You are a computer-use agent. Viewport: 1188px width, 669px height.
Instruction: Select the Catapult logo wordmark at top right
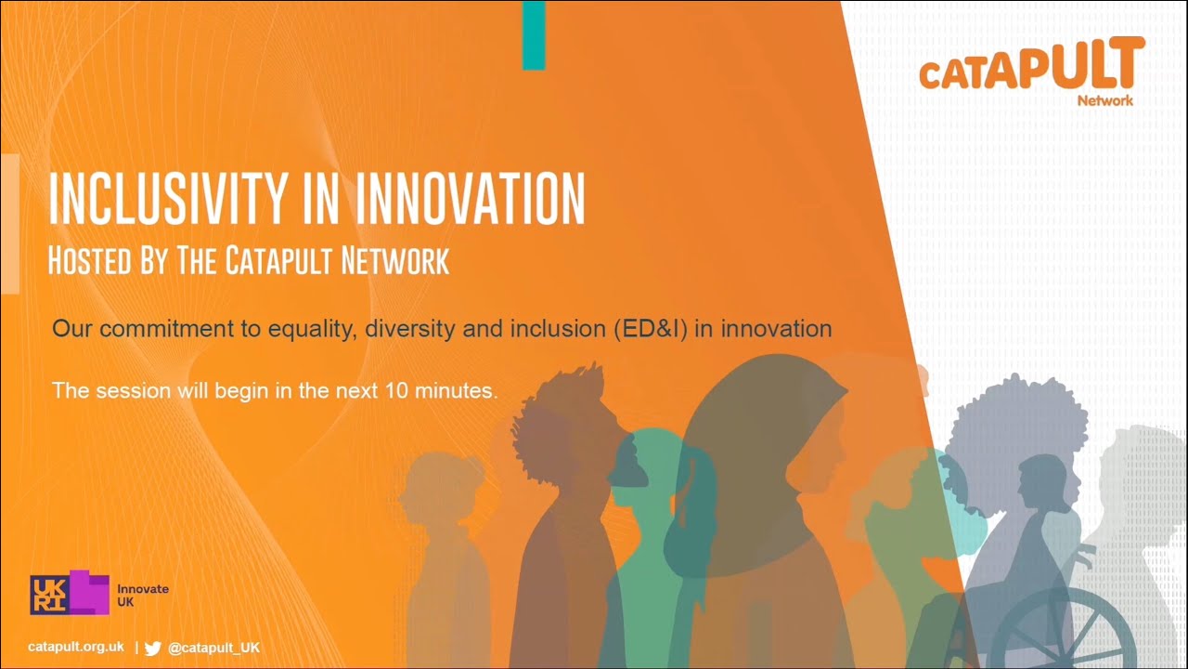click(x=1030, y=67)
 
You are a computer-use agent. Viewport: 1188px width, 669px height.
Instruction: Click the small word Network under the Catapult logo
click(x=1104, y=100)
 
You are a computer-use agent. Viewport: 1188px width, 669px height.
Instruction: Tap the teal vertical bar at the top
click(x=533, y=34)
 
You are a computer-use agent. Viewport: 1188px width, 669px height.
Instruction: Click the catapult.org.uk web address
click(x=76, y=647)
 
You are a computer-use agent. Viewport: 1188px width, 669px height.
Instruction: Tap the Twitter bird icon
click(x=153, y=648)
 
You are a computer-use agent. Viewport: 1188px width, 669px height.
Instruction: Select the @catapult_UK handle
click(x=213, y=648)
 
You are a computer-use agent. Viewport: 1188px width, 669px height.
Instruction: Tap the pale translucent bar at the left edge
click(x=10, y=223)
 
